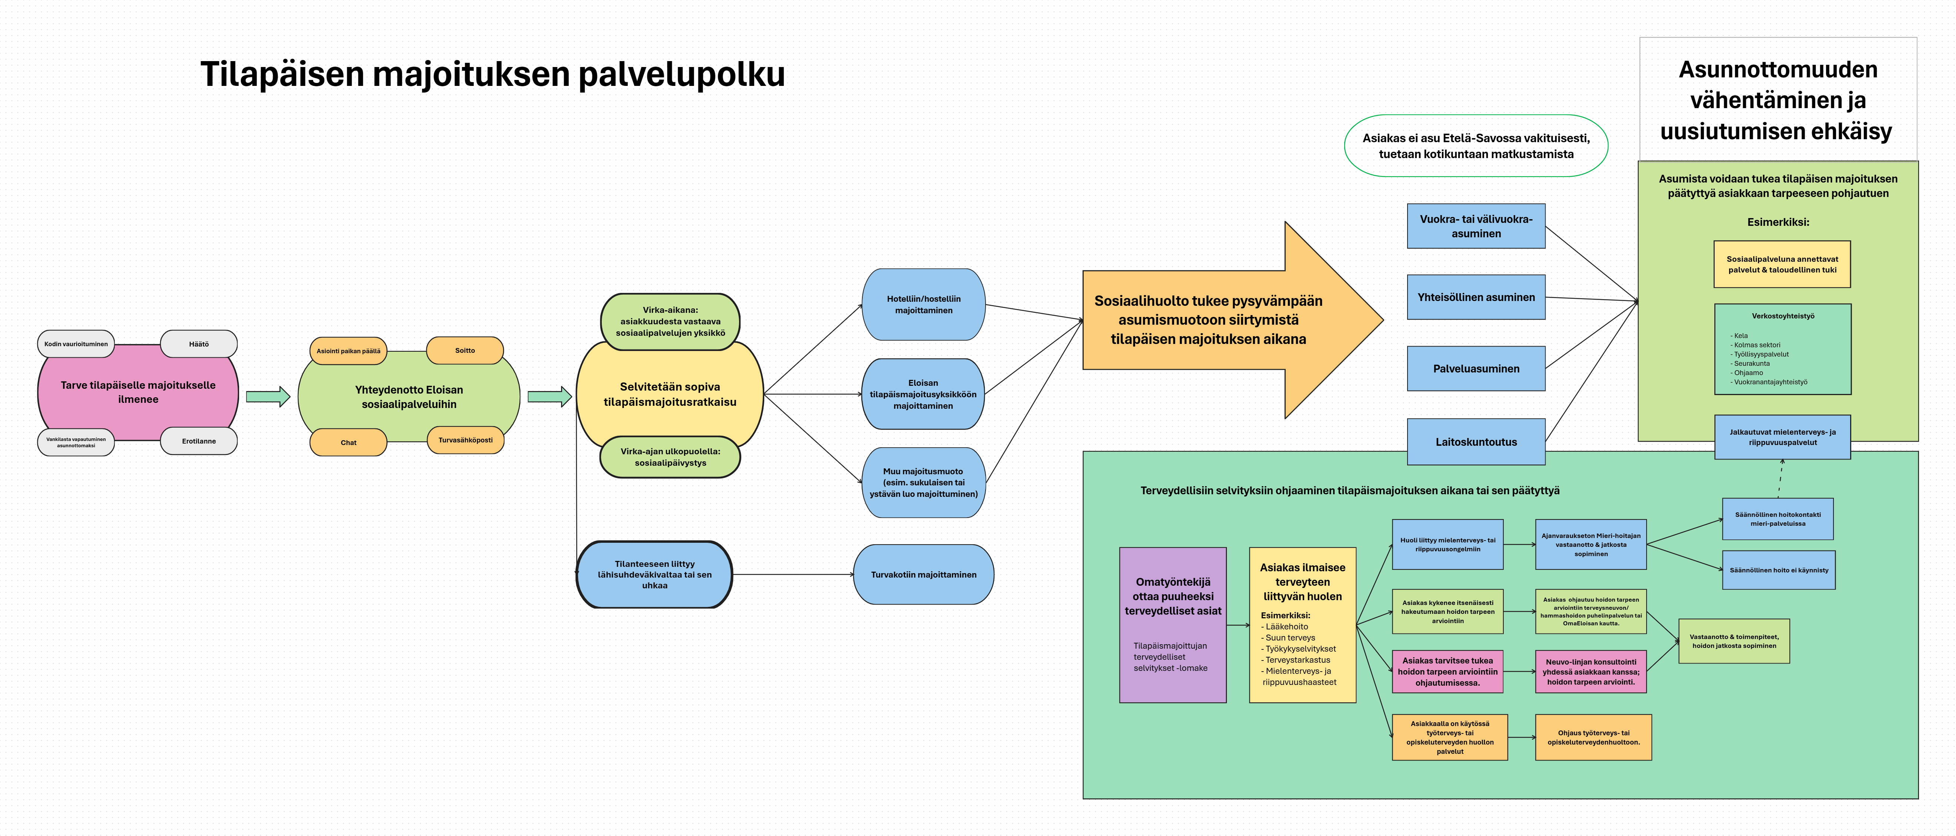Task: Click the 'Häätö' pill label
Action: pos(199,344)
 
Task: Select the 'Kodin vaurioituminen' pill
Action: pos(76,344)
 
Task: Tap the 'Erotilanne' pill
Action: pos(199,441)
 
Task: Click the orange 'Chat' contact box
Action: pos(349,442)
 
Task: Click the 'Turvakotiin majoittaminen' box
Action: pos(923,575)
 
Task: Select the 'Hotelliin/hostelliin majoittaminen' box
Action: pos(923,304)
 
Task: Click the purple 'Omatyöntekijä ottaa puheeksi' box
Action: pos(1172,624)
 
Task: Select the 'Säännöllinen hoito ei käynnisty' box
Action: pos(1778,570)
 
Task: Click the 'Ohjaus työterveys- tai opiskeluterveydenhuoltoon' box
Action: pos(1593,737)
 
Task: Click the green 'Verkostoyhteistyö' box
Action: pos(1782,349)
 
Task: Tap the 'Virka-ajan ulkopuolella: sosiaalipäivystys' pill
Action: pos(670,457)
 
